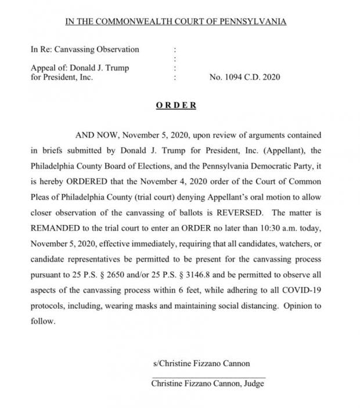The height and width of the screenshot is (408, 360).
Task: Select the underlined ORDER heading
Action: pyautogui.click(x=176, y=106)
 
